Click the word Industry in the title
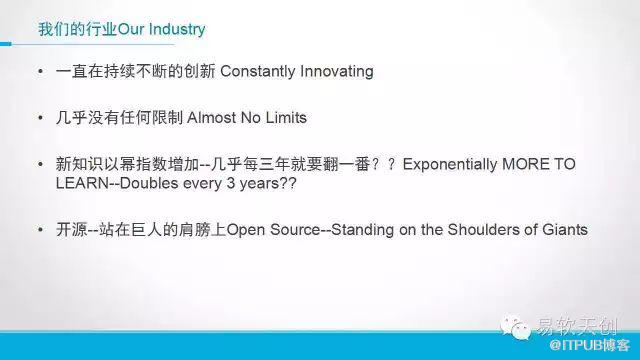[177, 29]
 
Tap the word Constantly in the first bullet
[257, 71]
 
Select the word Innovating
[337, 71]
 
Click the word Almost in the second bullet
[211, 118]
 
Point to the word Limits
[286, 118]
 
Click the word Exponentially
[450, 164]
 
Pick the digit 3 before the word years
[231, 183]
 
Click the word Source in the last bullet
[295, 229]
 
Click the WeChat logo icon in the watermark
[515, 327]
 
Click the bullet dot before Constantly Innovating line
[40, 71]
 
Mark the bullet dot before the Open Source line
[40, 230]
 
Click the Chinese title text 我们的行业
[78, 29]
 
